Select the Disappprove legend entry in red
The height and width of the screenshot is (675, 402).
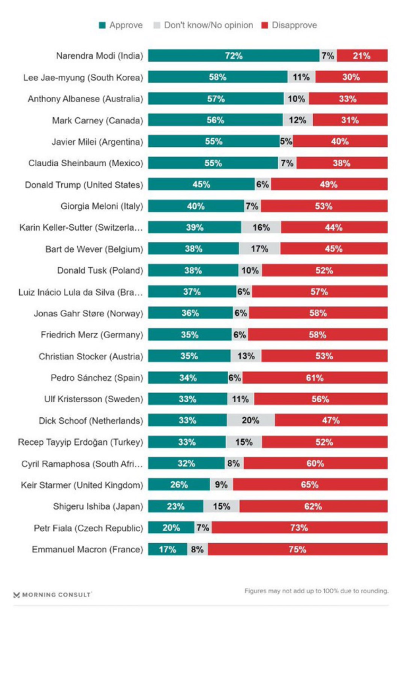pyautogui.click(x=289, y=25)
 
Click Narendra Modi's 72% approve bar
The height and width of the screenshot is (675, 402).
pyautogui.click(x=233, y=56)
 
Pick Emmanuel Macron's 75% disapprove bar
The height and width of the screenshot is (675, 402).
pyautogui.click(x=297, y=549)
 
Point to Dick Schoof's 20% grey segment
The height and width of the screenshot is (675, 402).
pyautogui.click(x=251, y=421)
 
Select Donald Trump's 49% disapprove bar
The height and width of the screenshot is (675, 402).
pyautogui.click(x=329, y=185)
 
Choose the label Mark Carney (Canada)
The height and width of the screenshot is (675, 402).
pyautogui.click(x=98, y=121)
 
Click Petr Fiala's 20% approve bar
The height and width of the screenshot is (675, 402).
pyautogui.click(x=171, y=528)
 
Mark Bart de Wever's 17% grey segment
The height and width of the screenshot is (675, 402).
pyautogui.click(x=260, y=249)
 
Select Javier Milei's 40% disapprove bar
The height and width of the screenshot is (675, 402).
pyautogui.click(x=340, y=142)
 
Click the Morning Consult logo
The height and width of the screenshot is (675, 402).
pyautogui.click(x=52, y=595)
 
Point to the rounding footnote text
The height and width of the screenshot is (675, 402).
pyautogui.click(x=316, y=591)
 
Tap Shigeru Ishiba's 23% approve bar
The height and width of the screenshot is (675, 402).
pyautogui.click(x=175, y=506)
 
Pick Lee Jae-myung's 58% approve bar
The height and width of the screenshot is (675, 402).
pyautogui.click(x=217, y=78)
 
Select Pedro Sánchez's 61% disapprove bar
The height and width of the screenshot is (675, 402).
pyautogui.click(x=314, y=378)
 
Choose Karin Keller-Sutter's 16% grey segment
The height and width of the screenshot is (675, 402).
pyautogui.click(x=261, y=227)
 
